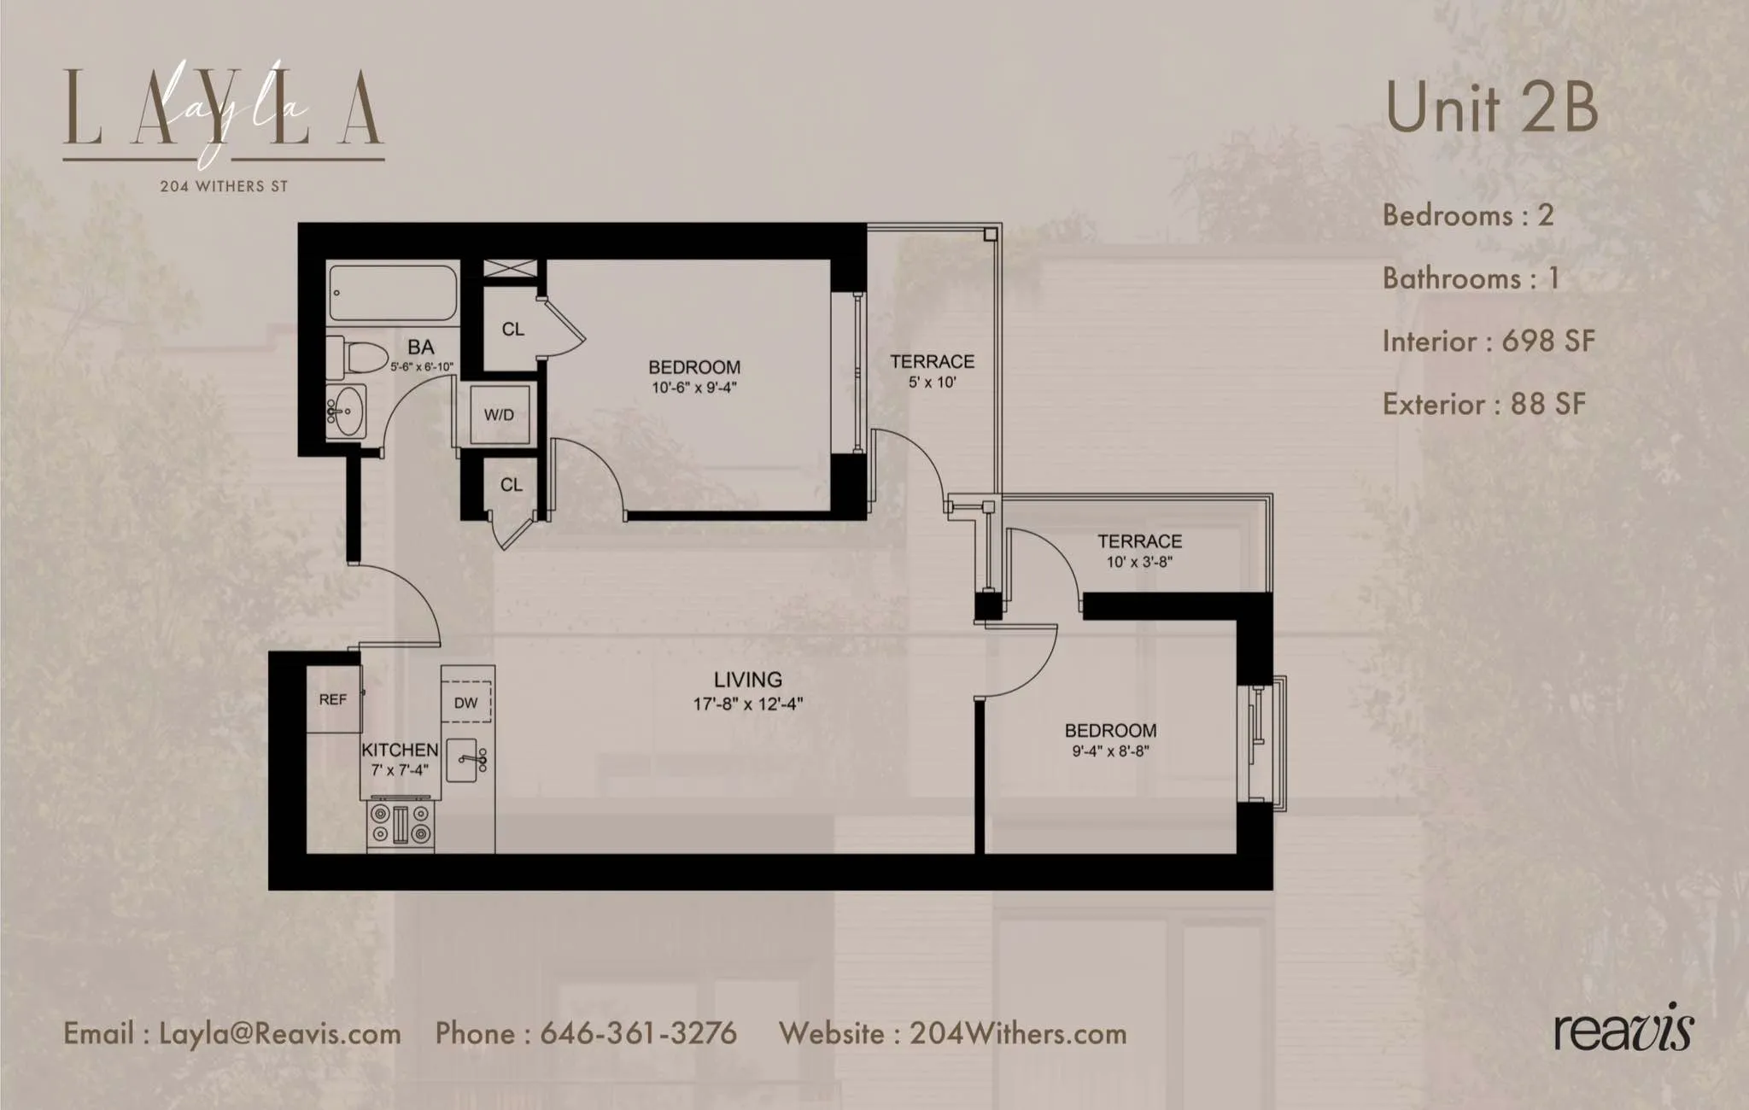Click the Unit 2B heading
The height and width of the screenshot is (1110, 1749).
[x=1491, y=108]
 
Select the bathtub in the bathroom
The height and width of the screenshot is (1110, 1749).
[x=393, y=293]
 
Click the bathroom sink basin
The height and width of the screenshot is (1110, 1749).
[x=348, y=411]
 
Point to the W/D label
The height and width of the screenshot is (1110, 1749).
[x=499, y=415]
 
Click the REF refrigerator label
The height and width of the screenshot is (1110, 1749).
[x=332, y=699]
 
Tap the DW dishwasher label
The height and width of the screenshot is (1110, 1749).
[x=465, y=703]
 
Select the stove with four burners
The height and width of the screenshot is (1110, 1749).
[x=401, y=824]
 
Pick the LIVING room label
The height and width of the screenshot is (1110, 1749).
[x=747, y=680]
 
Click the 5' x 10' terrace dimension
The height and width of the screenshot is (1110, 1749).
[x=932, y=383]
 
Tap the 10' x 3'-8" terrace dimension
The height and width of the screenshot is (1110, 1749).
[x=1139, y=562]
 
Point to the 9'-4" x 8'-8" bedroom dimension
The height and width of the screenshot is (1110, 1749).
[x=1110, y=751]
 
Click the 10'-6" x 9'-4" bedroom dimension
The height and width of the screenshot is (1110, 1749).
[x=693, y=388]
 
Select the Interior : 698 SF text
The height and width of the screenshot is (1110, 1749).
[x=1488, y=342]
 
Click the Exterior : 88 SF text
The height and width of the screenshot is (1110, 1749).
[x=1483, y=404]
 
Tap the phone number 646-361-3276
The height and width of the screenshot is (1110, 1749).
[x=638, y=1033]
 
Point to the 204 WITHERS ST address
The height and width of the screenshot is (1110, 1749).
[x=224, y=186]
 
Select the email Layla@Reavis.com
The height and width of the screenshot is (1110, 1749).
[x=279, y=1034]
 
